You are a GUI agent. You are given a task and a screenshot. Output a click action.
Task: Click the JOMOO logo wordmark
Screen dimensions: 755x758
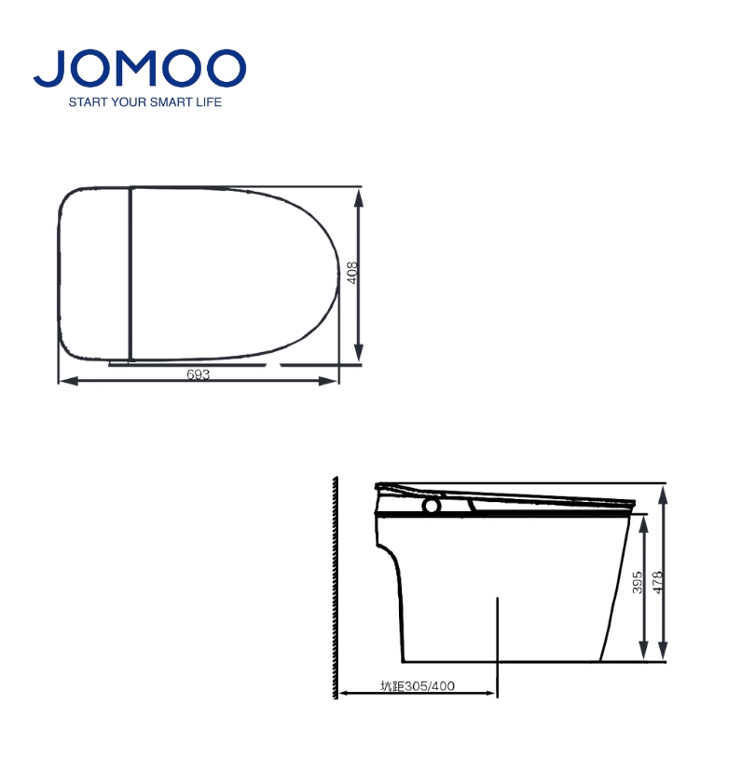[x=140, y=68]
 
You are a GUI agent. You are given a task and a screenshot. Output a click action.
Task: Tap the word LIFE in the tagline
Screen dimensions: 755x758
[x=209, y=102]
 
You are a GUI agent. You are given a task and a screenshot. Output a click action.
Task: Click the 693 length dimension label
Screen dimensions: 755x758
[x=198, y=374]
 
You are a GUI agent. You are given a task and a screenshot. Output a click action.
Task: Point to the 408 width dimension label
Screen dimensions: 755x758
[x=352, y=273]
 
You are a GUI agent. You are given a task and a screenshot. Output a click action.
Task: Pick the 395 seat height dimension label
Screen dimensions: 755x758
[x=638, y=583]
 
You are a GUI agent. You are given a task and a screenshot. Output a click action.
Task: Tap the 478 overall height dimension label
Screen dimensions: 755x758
[x=657, y=583]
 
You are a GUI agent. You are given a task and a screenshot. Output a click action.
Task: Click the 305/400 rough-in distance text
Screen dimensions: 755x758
[x=430, y=686]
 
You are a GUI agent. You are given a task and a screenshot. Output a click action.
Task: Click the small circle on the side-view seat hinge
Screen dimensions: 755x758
[x=432, y=506]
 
